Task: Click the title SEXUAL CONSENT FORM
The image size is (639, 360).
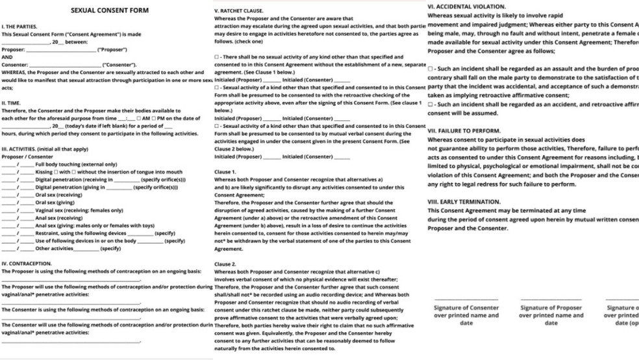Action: pos(109,11)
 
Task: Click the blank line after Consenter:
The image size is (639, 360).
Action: pos(66,65)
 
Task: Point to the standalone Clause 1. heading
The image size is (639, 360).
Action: pos(225,172)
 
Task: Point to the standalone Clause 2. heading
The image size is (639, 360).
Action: pos(225,264)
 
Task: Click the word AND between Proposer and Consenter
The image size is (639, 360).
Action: pos(7,57)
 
